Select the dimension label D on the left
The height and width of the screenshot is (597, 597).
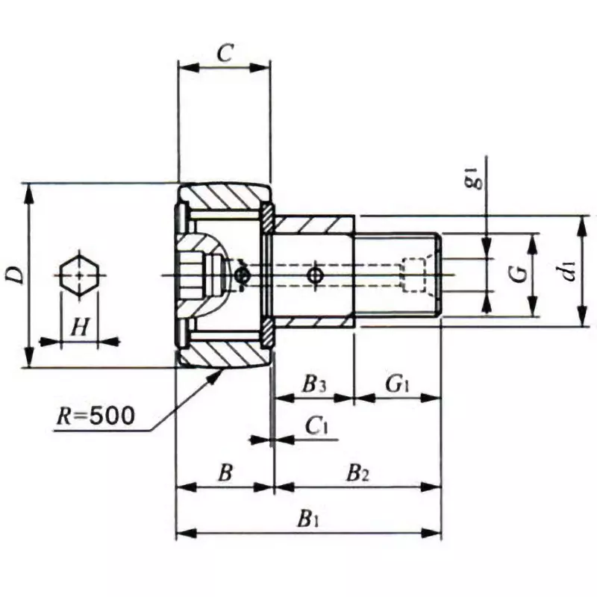[13, 275]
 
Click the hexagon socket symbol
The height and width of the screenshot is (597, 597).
[78, 275]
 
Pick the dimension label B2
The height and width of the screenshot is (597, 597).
[358, 472]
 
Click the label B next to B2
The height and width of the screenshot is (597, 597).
[224, 472]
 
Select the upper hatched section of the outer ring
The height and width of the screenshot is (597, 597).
[224, 198]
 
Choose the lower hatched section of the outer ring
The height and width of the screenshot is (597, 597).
[224, 354]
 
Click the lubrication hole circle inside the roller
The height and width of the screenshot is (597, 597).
[241, 276]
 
